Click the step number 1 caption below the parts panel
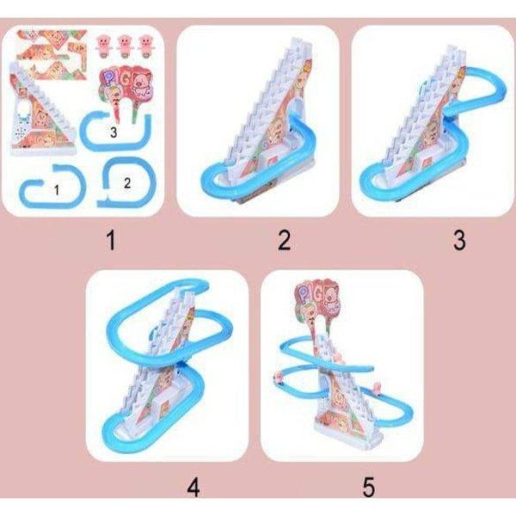(111, 240)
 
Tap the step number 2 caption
(285, 240)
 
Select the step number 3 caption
(459, 240)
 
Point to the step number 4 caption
(193, 487)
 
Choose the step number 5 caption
(369, 487)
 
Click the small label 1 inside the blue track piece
(57, 190)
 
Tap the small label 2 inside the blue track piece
(127, 183)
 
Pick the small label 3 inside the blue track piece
(114, 132)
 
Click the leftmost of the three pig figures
(104, 46)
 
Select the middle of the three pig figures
(125, 46)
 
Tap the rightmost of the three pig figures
(145, 46)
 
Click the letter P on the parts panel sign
(108, 79)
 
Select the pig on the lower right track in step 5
(377, 389)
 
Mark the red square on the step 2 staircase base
(273, 162)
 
